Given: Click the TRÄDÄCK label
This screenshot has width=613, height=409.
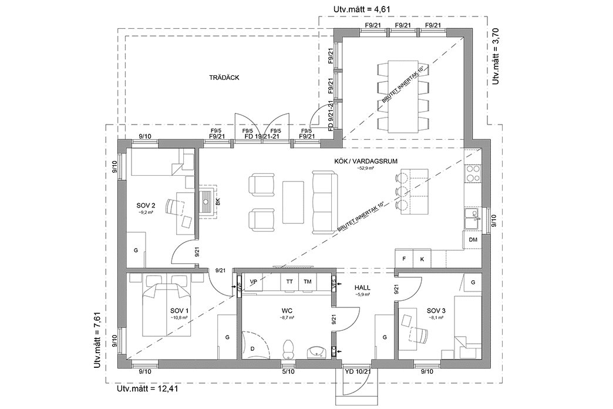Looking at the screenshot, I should point(221,78).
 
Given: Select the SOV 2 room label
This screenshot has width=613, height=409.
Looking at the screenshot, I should point(146,205).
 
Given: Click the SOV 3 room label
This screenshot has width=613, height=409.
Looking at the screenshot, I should point(436,310).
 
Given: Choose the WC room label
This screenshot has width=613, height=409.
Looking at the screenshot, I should point(287,310).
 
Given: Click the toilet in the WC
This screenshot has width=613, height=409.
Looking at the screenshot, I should point(288,349).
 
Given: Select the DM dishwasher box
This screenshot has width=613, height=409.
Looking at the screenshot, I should point(473,240).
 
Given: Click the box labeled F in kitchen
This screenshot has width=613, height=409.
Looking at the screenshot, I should point(404,259).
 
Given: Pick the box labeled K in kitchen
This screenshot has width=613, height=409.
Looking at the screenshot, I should point(422,259).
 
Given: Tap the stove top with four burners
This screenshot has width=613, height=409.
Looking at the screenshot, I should point(473,173).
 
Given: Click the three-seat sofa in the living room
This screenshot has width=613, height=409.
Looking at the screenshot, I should point(322,202).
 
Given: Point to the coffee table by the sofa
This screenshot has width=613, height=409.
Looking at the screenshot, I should point(293,202).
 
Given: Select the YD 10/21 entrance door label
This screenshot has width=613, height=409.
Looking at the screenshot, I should point(358,371).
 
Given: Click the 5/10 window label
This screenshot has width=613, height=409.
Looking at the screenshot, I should point(288,371).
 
